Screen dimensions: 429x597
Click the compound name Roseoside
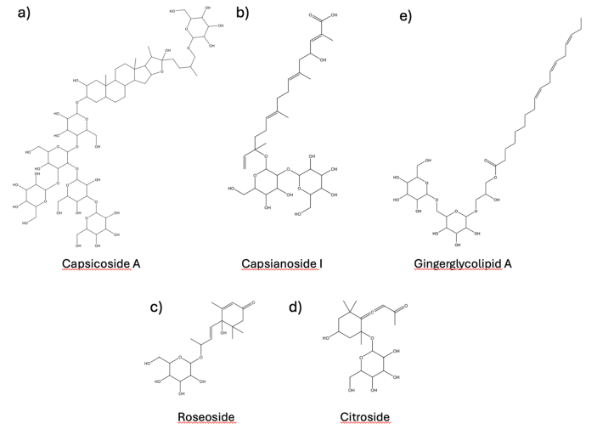[x=207, y=417]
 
